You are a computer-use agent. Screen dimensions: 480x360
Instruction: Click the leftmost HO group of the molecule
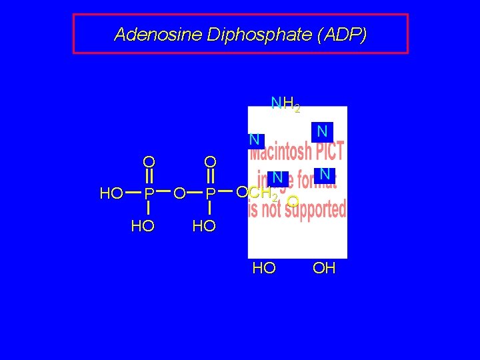(111, 194)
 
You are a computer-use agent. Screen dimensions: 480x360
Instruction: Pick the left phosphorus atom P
(150, 194)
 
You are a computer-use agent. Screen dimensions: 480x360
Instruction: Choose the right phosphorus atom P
(210, 194)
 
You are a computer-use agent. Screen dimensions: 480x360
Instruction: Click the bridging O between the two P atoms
(179, 194)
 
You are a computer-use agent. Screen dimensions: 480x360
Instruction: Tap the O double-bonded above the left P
(149, 162)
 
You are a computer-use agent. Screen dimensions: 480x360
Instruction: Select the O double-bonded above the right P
(210, 162)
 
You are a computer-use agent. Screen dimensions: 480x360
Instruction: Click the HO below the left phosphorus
(143, 226)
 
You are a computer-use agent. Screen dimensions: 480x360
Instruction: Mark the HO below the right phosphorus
(203, 226)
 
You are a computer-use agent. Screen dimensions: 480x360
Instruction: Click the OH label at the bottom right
(324, 269)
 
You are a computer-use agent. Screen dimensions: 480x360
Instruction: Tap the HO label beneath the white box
(264, 269)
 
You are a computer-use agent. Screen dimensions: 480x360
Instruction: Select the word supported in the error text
(311, 209)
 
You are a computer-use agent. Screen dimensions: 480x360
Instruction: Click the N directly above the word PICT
(322, 130)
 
